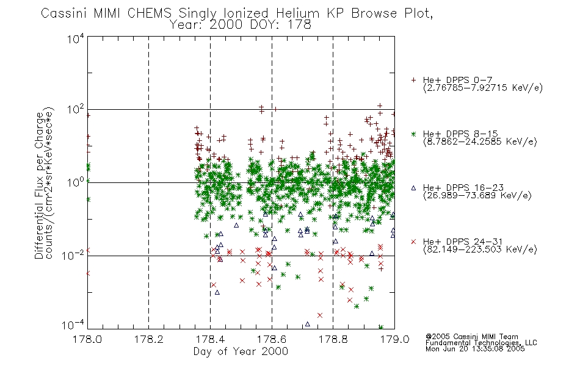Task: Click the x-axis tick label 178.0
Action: (87, 339)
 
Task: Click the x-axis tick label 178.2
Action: (149, 339)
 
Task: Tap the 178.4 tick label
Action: (210, 339)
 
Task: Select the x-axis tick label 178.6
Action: (272, 339)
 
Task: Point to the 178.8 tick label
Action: (333, 339)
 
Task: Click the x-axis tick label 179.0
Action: (394, 339)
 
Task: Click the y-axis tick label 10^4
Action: (76, 38)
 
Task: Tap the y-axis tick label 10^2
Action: (76, 110)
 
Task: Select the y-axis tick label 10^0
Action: (76, 182)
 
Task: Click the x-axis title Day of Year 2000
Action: (241, 351)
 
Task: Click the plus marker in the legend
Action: (413, 80)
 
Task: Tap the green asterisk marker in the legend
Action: (413, 134)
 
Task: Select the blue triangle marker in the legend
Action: (413, 188)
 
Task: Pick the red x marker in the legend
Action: (413, 242)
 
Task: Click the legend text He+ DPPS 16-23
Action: (463, 188)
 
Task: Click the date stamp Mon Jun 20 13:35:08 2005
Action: (475, 349)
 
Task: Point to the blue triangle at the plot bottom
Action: (307, 325)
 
